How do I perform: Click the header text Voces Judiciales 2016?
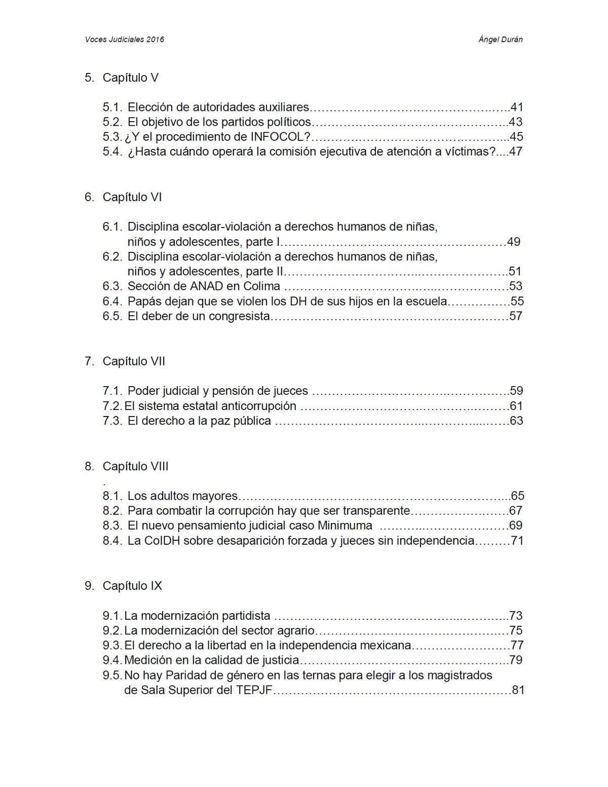point(124,40)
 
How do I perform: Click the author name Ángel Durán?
point(500,40)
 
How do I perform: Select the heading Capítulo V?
point(130,78)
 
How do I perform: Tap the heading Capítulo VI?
point(132,197)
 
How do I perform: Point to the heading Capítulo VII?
point(134,361)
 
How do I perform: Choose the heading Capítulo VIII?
point(135,466)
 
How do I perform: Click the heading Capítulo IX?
point(132,586)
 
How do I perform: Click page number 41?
point(516,107)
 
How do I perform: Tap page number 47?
point(515,152)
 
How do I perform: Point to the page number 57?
point(515,316)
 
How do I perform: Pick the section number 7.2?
point(112,406)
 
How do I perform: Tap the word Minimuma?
point(345,526)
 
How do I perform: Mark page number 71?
point(517,541)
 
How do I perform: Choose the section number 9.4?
point(112,660)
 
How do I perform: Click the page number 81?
point(518,690)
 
